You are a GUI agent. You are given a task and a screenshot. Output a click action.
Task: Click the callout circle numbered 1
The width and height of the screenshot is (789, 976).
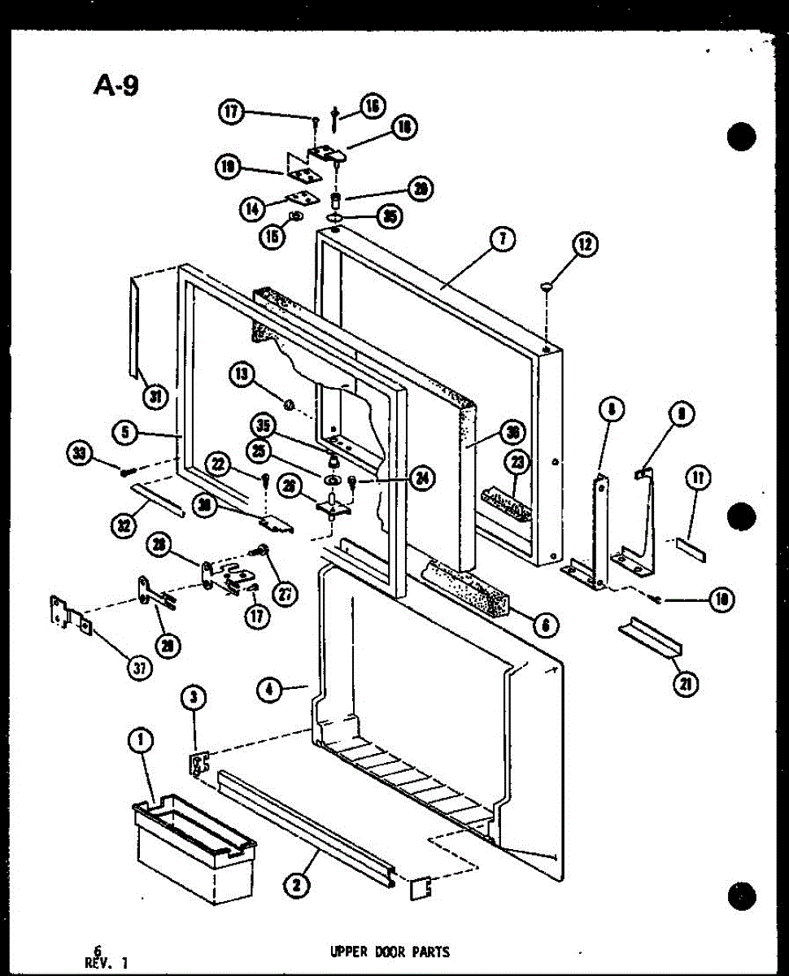[142, 740]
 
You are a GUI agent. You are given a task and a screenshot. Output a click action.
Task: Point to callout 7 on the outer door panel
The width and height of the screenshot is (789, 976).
[503, 240]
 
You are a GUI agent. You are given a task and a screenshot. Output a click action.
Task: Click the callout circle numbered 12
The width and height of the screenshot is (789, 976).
[586, 244]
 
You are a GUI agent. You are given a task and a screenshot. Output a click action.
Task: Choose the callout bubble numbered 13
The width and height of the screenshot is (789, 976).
[241, 375]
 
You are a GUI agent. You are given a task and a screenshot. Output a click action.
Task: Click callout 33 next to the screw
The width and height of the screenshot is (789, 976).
[80, 453]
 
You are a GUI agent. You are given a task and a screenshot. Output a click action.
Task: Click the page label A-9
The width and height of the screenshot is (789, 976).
[115, 84]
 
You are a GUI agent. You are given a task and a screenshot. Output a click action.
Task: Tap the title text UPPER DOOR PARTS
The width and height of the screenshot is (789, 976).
[390, 951]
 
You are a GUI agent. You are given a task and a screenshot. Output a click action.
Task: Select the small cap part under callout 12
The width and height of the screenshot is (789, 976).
[547, 285]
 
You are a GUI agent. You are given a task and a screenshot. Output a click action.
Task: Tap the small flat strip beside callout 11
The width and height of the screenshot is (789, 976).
[692, 548]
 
